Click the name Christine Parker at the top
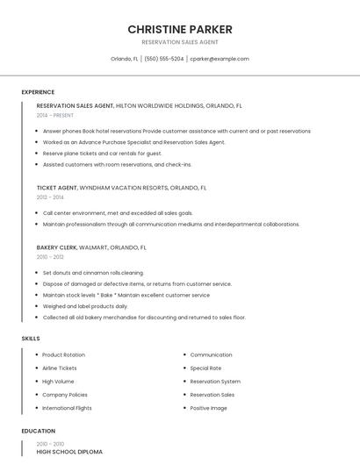[179, 29]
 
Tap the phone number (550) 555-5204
[163, 59]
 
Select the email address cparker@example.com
[220, 59]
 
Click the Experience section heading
[38, 92]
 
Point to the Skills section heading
[31, 338]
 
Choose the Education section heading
[38, 431]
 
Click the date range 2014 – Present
[55, 115]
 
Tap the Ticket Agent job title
[57, 188]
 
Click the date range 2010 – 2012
[50, 257]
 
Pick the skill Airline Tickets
[60, 368]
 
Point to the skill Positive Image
[208, 408]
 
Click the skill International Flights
[67, 408]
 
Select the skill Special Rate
[205, 368]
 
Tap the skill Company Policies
[64, 395]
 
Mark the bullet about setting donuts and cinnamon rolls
[92, 273]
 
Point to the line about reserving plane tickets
[102, 153]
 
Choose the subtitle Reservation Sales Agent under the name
[179, 42]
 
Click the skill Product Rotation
[63, 354]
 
